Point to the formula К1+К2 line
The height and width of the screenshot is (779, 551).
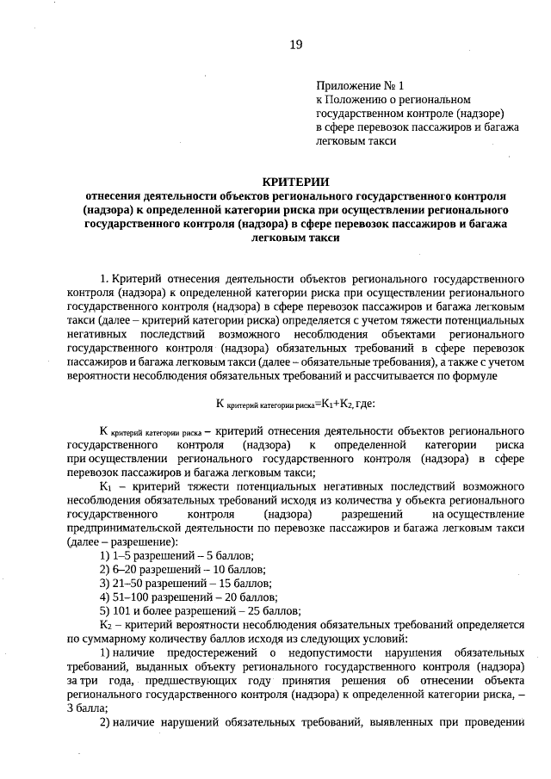(x=295, y=403)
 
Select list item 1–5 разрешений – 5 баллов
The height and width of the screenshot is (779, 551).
(x=183, y=555)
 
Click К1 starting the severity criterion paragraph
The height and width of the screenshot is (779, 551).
(x=107, y=486)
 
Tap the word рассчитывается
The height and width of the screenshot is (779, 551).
(x=424, y=376)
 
